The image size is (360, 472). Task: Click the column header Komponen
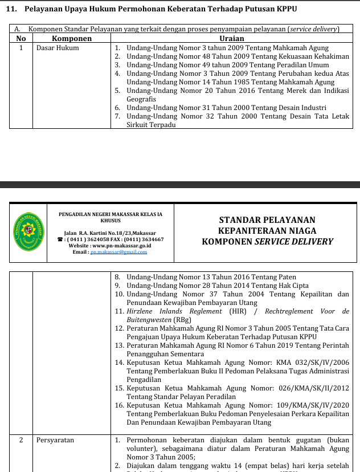pyautogui.click(x=72, y=38)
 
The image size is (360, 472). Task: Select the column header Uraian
pyautogui.click(x=231, y=38)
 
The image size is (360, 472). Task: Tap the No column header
pyautogui.click(x=21, y=38)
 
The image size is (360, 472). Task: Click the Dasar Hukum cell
pyautogui.click(x=58, y=48)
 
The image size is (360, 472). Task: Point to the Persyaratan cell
pyautogui.click(x=55, y=440)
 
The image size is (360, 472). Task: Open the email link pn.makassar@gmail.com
pyautogui.click(x=114, y=251)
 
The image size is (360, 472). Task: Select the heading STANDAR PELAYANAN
pyautogui.click(x=267, y=220)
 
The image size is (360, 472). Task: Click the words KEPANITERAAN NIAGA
pyautogui.click(x=267, y=231)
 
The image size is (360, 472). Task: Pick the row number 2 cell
pyautogui.click(x=21, y=440)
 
